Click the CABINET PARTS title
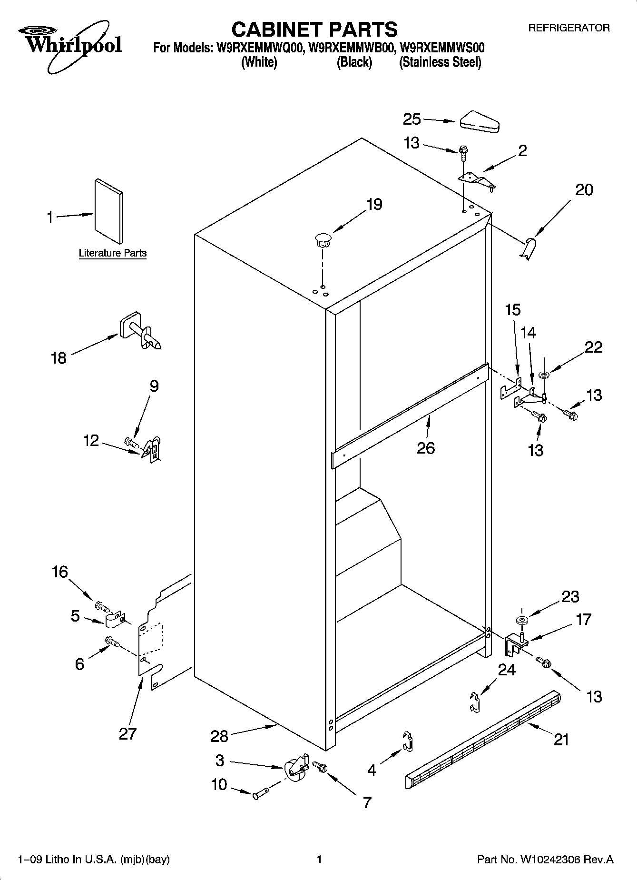coord(314,30)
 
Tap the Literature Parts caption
coord(112,253)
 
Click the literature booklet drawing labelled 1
coord(109,211)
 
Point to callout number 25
coord(412,119)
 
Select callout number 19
coord(374,205)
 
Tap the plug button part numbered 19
coord(323,239)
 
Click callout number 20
coord(584,190)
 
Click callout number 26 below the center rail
coord(426,448)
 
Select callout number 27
coord(127,733)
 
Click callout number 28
coord(219,736)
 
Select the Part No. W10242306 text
coord(545,860)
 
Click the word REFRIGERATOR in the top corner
coord(568,28)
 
